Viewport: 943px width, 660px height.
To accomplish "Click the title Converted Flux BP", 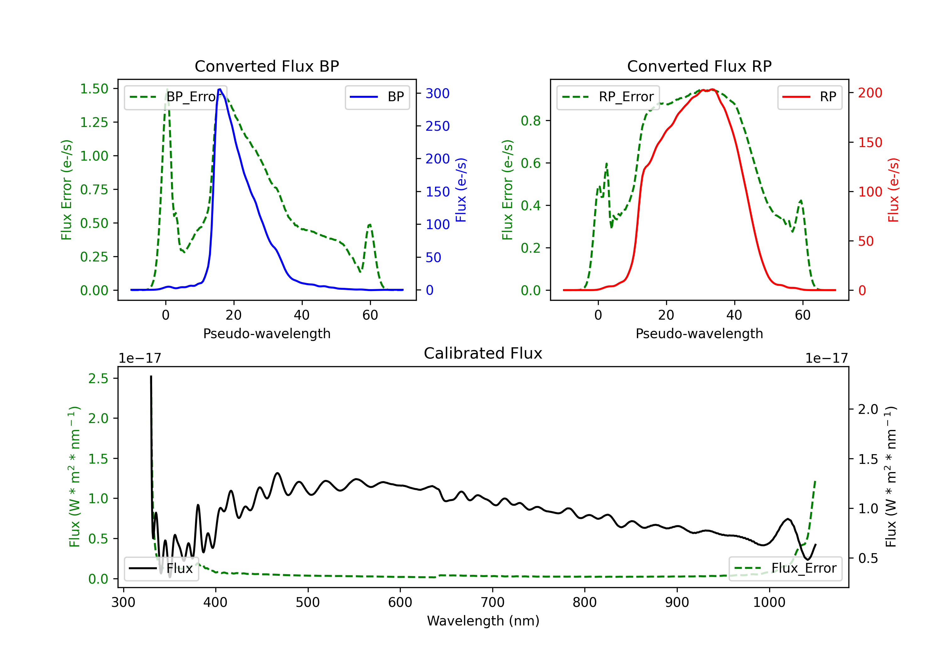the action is point(267,66).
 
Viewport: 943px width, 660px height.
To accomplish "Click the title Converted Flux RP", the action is point(699,66).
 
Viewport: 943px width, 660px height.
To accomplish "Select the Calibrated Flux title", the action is point(483,353).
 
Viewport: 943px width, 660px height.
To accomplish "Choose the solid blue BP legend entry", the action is point(377,97).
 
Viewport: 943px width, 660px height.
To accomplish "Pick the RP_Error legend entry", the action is point(608,97).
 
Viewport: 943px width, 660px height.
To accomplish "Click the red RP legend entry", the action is point(809,97).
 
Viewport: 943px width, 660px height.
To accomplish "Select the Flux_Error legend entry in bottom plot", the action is point(785,569).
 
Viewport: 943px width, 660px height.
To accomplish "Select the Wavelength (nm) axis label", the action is point(483,621).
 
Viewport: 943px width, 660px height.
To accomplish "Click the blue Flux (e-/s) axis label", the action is point(461,190).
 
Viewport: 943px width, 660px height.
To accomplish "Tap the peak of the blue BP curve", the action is point(220,89).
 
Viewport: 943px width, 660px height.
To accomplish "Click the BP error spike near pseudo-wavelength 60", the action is point(370,225).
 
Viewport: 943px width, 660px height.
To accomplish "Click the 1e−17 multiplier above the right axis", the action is point(826,359).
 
